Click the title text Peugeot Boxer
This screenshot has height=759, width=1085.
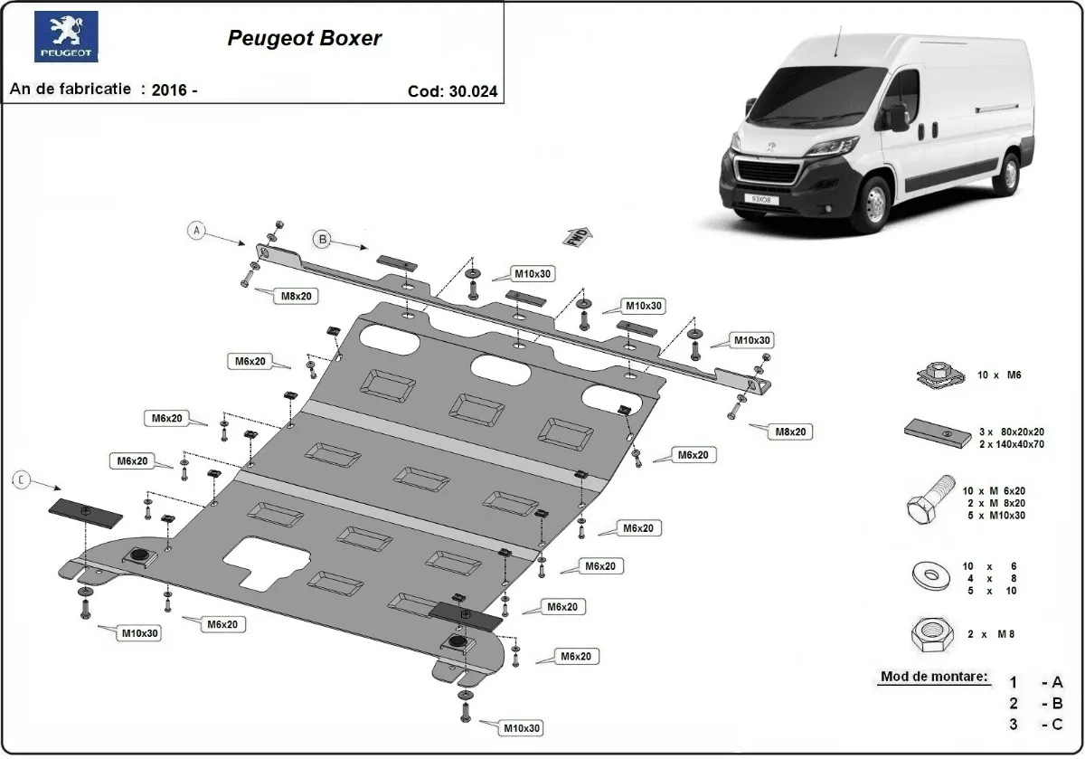tap(304, 38)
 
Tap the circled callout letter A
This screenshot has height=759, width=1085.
tap(197, 231)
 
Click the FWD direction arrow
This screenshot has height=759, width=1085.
tap(578, 236)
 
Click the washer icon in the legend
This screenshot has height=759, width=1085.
tap(929, 573)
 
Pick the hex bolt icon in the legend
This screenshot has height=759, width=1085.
tap(930, 500)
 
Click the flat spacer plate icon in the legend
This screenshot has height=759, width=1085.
tap(932, 432)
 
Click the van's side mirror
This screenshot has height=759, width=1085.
tap(898, 117)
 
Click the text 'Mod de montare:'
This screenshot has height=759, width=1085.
tap(933, 677)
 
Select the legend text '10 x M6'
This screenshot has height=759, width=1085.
tap(1004, 374)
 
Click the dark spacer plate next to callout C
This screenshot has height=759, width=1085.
tap(85, 513)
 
